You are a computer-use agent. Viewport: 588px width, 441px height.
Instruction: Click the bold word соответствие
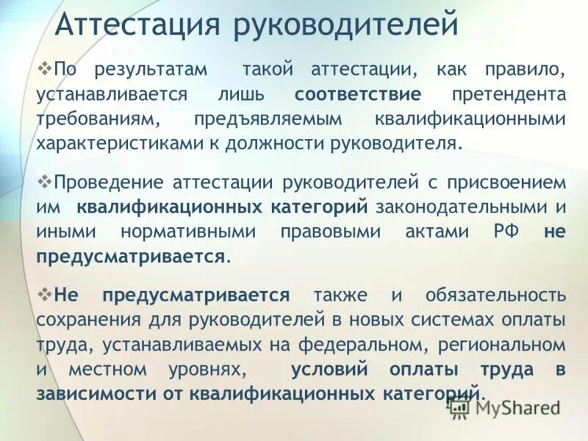[x=358, y=95]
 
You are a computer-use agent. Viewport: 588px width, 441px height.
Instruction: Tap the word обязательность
[x=495, y=295]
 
